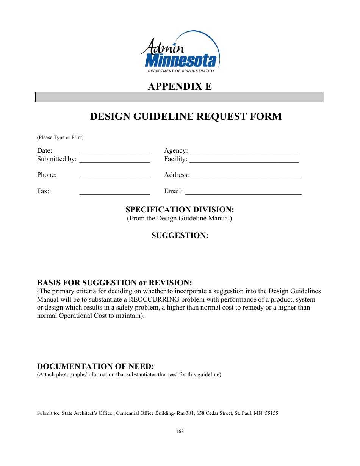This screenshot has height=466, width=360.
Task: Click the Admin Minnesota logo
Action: pyautogui.click(x=180, y=52)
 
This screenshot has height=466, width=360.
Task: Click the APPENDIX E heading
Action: pyautogui.click(x=180, y=86)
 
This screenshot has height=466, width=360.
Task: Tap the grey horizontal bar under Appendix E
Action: pyautogui.click(x=180, y=97)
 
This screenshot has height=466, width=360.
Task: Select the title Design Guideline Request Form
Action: pyautogui.click(x=186, y=116)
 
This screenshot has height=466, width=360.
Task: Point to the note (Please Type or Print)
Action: pyautogui.click(x=60, y=138)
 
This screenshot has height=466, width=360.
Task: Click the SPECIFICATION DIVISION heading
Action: pyautogui.click(x=180, y=210)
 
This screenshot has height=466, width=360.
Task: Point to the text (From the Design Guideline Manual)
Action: pyautogui.click(x=180, y=218)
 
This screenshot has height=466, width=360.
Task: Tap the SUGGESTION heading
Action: pyautogui.click(x=180, y=235)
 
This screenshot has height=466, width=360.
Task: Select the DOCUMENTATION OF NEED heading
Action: pyautogui.click(x=95, y=366)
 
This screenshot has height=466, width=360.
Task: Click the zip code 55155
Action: pyautogui.click(x=271, y=413)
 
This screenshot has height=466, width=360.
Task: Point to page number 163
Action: pyautogui.click(x=180, y=432)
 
